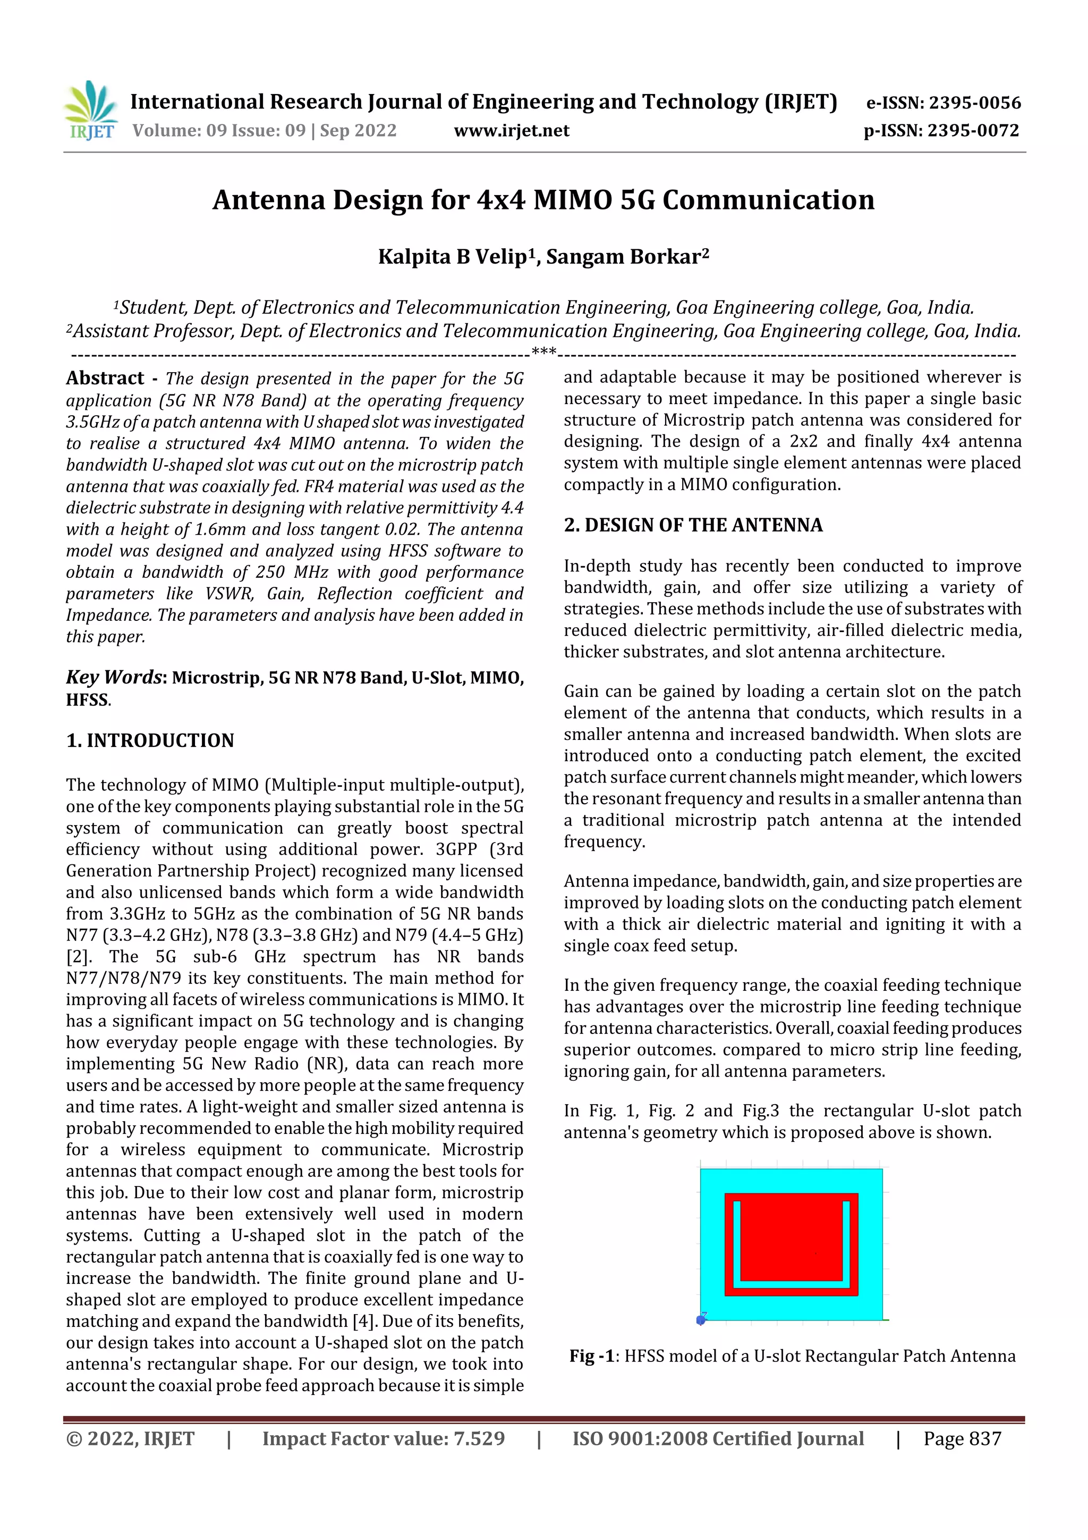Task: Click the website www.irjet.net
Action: [x=512, y=131]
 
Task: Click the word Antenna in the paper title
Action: [x=268, y=200]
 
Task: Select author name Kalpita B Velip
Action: [x=453, y=257]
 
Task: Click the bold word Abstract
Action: [x=105, y=378]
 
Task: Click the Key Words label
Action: [x=114, y=677]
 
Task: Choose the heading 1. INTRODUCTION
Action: [x=150, y=740]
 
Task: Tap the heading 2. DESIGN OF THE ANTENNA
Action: [x=693, y=525]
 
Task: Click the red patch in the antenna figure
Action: [x=791, y=1241]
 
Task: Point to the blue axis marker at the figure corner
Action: [x=701, y=1320]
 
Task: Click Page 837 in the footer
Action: [x=962, y=1438]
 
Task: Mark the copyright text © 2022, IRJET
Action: [x=130, y=1438]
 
